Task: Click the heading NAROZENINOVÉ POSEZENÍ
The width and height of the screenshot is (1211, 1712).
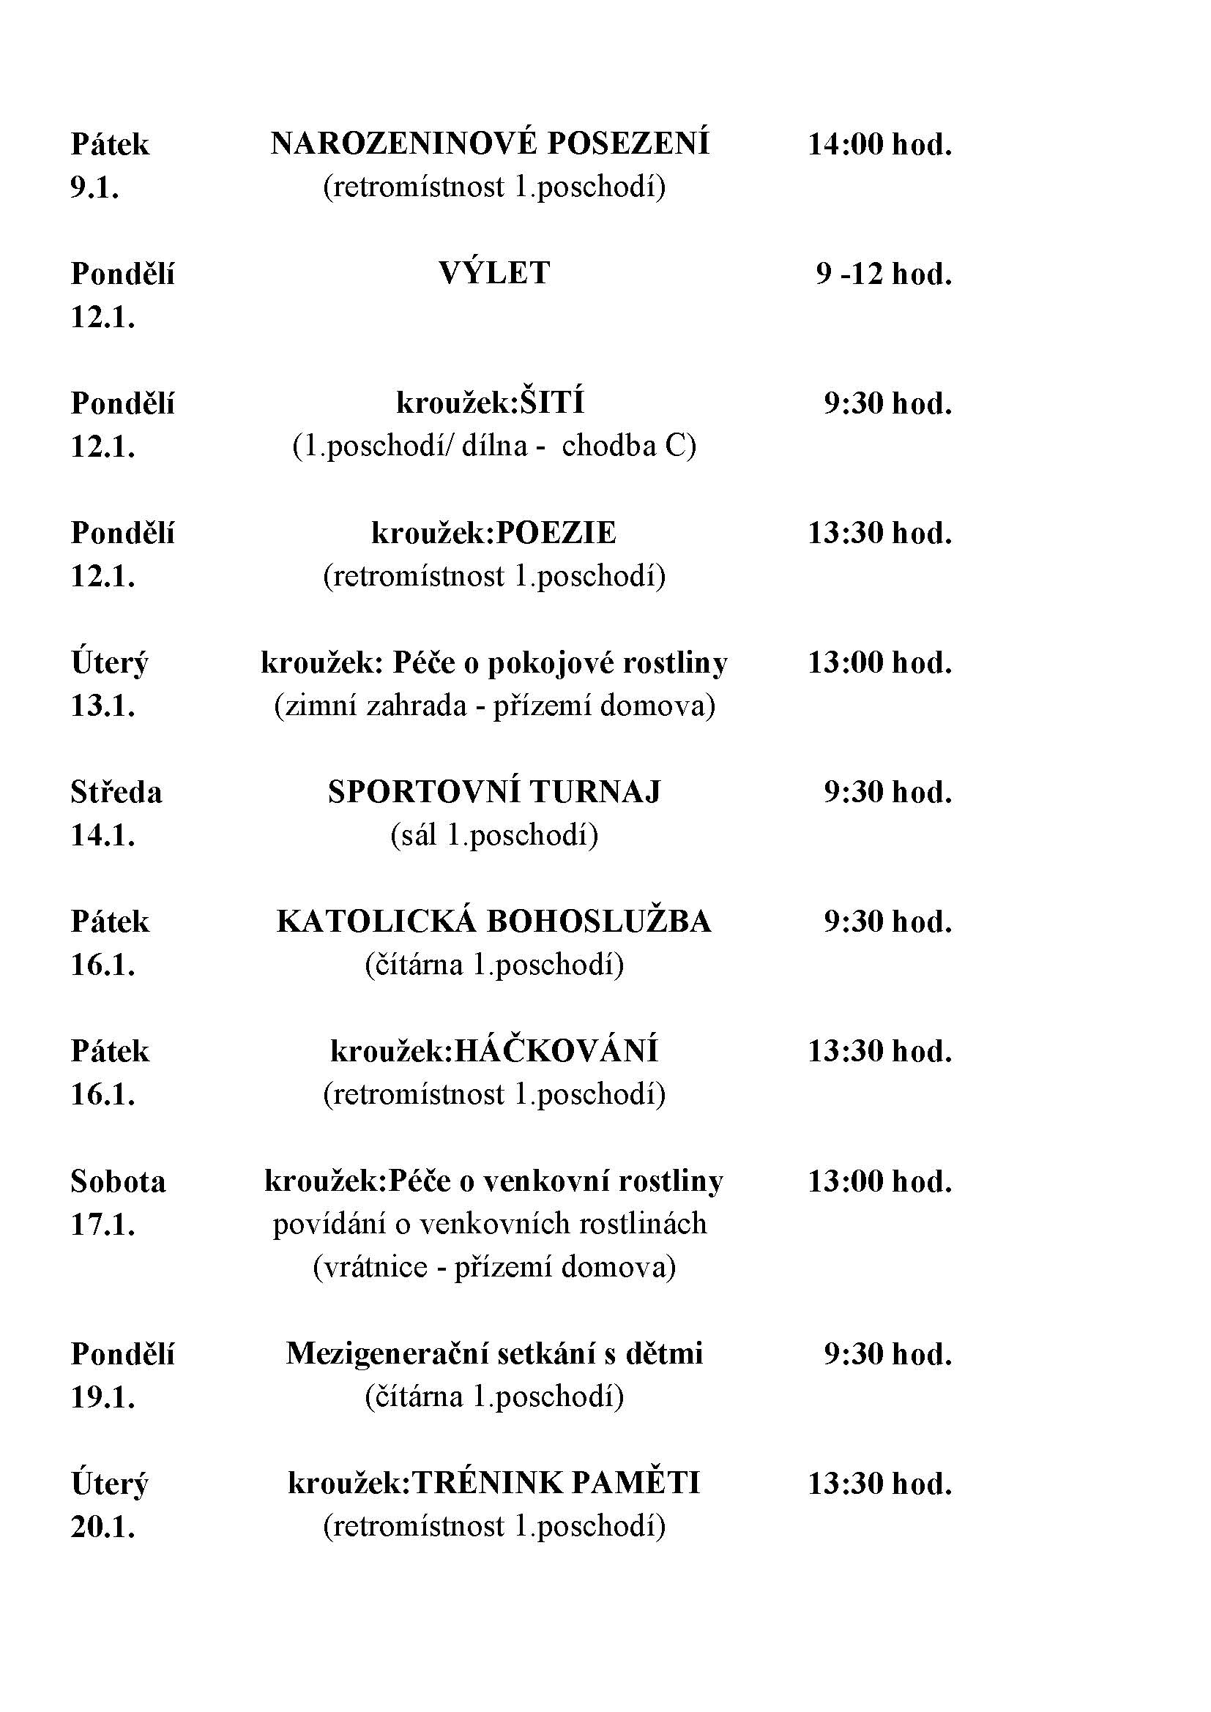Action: click(490, 143)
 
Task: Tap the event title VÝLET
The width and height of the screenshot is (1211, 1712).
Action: click(493, 273)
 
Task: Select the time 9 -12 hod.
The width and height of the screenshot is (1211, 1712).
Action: click(884, 274)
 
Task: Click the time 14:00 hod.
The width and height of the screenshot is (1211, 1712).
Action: click(880, 144)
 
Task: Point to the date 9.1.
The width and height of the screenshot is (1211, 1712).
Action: click(94, 188)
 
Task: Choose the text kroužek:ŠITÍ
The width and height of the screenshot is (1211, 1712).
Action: click(490, 403)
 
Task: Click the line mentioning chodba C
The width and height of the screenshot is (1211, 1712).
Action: click(493, 446)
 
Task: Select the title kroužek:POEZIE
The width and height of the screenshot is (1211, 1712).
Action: click(493, 532)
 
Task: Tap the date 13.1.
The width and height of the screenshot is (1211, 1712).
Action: click(103, 706)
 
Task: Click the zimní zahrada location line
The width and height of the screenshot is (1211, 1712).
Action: click(494, 706)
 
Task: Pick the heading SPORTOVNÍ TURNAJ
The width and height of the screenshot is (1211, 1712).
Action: click(493, 792)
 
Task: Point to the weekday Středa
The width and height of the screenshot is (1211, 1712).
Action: click(116, 792)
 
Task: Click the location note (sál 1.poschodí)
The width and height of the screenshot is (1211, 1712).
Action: click(493, 835)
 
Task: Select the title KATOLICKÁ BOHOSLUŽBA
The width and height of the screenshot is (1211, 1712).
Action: click(493, 922)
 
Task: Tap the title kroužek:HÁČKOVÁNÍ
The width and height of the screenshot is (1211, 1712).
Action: click(493, 1051)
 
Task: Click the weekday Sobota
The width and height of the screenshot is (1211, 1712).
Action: click(118, 1181)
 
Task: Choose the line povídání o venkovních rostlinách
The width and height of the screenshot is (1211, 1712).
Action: click(489, 1225)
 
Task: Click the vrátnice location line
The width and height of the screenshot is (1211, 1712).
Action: click(493, 1268)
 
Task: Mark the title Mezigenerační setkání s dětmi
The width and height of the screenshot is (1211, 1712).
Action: click(493, 1354)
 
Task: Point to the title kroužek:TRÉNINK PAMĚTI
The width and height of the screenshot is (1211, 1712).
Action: click(493, 1484)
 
